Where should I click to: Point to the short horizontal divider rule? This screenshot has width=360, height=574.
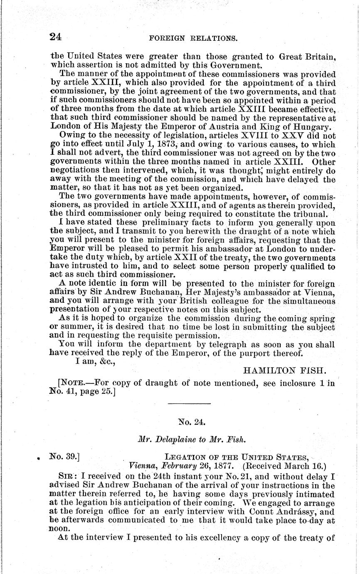[x=189, y=403]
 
